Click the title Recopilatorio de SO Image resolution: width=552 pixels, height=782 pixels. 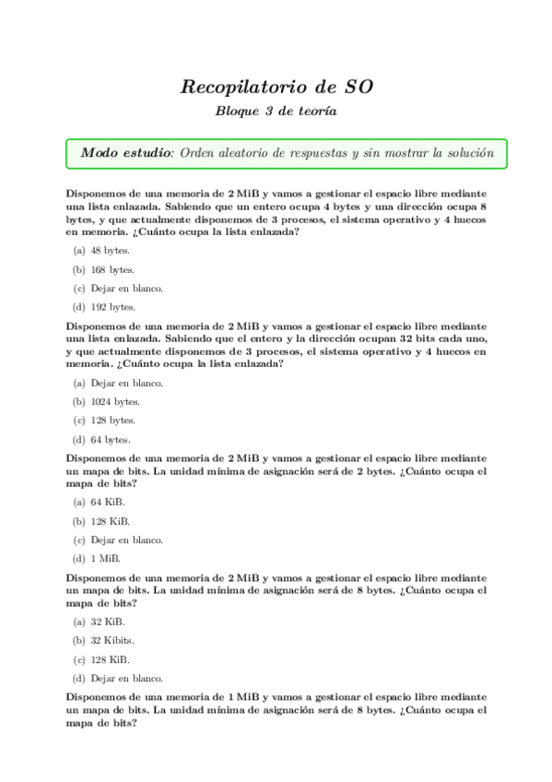pyautogui.click(x=276, y=88)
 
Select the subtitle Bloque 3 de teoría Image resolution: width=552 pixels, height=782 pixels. pyautogui.click(x=276, y=112)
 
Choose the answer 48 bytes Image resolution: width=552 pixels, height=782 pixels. pyautogui.click(x=110, y=250)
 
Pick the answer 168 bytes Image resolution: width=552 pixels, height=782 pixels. pyautogui.click(x=112, y=269)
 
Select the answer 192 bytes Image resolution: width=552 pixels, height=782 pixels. pyautogui.click(x=112, y=307)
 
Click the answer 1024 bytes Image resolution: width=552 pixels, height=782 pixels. pyautogui.click(x=115, y=401)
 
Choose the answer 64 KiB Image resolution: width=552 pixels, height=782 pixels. pyautogui.click(x=108, y=502)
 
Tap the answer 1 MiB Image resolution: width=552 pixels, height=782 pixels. pyautogui.click(x=105, y=558)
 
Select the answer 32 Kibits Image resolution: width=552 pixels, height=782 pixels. pyautogui.click(x=112, y=640)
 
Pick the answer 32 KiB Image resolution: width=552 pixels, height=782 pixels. pyautogui.click(x=108, y=622)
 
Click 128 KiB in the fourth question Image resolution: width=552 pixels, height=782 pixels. pyautogui.click(x=110, y=659)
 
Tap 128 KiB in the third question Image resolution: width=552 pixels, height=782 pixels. pyautogui.click(x=110, y=521)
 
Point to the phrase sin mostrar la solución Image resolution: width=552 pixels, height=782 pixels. pyautogui.click(x=434, y=152)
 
